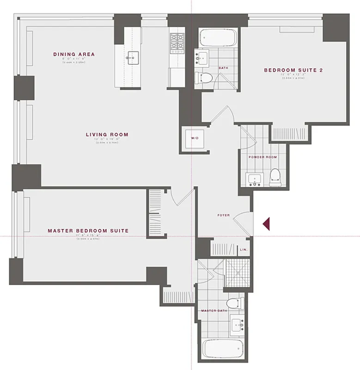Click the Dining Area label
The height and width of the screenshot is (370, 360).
(x=74, y=55)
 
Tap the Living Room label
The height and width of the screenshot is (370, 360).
(x=107, y=135)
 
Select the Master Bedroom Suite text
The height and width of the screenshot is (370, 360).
(x=88, y=230)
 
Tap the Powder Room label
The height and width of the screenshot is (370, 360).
(x=262, y=157)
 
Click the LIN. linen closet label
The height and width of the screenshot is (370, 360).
(x=244, y=250)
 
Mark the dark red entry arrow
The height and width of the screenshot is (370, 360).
(x=266, y=224)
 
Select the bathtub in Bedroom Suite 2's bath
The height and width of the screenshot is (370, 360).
(x=219, y=38)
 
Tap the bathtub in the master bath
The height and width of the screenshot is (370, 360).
(x=223, y=348)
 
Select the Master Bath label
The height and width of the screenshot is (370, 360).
(x=213, y=310)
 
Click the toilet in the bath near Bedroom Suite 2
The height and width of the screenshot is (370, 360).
(x=204, y=77)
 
